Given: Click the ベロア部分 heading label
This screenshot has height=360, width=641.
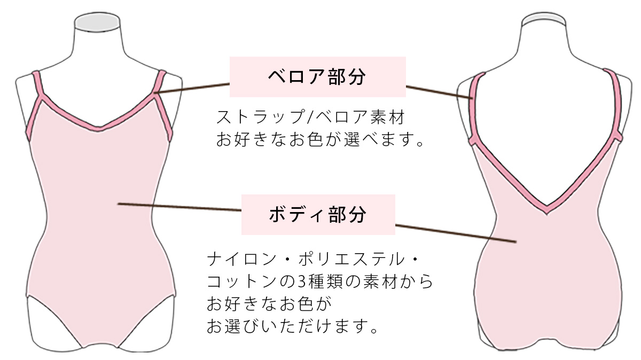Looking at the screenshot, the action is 318,77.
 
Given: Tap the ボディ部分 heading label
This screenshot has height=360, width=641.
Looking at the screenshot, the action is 318,215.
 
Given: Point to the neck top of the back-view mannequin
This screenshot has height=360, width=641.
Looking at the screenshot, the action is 544,19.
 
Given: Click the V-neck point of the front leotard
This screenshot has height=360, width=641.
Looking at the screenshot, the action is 98,129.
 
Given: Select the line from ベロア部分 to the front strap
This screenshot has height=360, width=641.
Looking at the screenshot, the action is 192,88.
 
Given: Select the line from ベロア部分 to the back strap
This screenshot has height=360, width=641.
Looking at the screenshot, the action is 439,92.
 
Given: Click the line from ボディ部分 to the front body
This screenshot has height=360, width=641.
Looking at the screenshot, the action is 179,207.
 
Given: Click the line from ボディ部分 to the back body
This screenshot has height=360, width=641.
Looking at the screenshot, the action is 456,233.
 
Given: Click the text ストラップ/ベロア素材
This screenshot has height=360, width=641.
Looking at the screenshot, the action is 310,117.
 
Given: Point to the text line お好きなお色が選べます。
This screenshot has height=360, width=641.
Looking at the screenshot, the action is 319,139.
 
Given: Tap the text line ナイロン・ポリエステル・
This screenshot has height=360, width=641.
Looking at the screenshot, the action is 313,259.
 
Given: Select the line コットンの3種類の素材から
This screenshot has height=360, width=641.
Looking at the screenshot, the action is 319,281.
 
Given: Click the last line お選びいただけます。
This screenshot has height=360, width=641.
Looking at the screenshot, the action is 292,326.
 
